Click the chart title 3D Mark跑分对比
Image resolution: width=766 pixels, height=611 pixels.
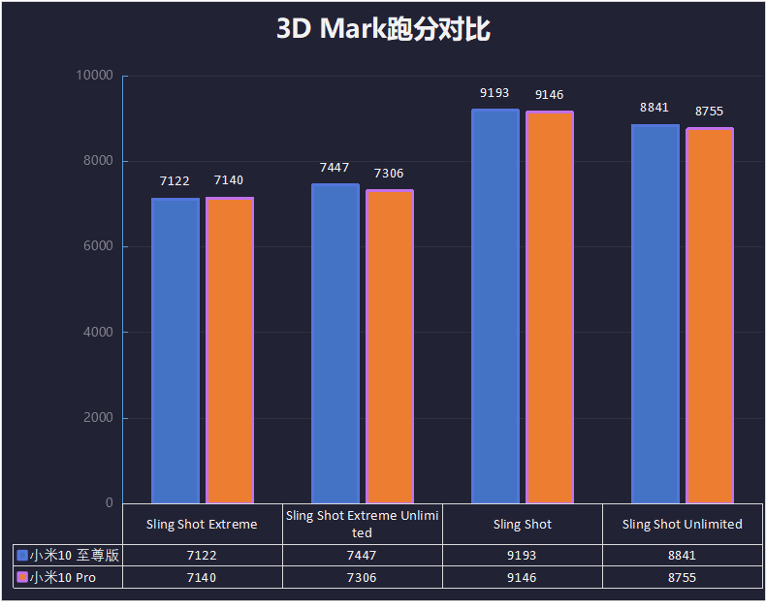pyautogui.click(x=383, y=29)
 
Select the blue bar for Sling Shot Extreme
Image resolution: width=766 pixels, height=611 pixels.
pyautogui.click(x=176, y=350)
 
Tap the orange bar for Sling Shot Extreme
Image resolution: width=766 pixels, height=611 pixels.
pyautogui.click(x=230, y=350)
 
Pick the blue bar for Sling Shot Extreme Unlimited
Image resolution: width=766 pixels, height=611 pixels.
pyautogui.click(x=335, y=343)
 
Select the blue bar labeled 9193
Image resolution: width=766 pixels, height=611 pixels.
pyautogui.click(x=495, y=306)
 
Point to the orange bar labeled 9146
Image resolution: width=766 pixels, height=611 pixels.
pyautogui.click(x=550, y=307)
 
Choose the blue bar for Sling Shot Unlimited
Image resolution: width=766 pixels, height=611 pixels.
pyautogui.click(x=655, y=314)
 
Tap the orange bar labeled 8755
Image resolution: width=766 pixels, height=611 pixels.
pyautogui.click(x=710, y=316)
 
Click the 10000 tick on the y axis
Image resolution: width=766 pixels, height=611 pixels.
pyautogui.click(x=96, y=76)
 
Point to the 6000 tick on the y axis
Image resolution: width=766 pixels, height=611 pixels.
pyautogui.click(x=96, y=246)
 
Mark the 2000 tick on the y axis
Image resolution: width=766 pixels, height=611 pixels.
pyautogui.click(x=96, y=418)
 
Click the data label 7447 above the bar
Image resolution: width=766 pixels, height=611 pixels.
pyautogui.click(x=335, y=168)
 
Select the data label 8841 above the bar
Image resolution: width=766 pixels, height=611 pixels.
pyautogui.click(x=654, y=108)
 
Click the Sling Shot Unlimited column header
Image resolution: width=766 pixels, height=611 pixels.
pyautogui.click(x=683, y=524)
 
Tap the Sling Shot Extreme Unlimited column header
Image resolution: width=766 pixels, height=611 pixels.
pyautogui.click(x=363, y=524)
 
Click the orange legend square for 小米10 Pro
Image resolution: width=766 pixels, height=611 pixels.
pyautogui.click(x=22, y=577)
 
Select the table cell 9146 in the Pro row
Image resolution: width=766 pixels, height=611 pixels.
pyautogui.click(x=522, y=577)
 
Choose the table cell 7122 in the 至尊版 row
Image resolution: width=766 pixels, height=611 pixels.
pyautogui.click(x=202, y=555)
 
